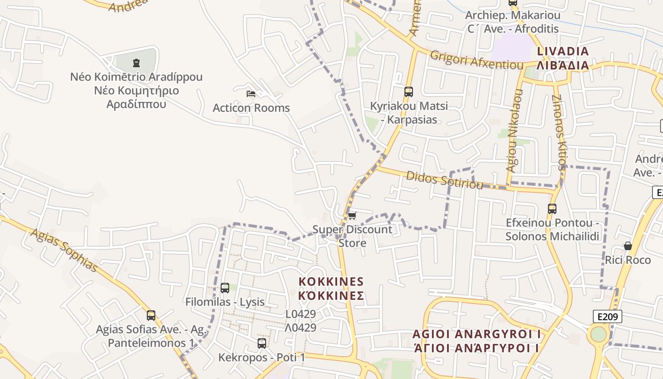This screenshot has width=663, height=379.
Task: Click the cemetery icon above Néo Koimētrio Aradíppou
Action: (x=136, y=62)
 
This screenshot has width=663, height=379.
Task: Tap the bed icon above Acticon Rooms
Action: (x=251, y=93)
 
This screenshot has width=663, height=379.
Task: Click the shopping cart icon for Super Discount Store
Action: (x=352, y=216)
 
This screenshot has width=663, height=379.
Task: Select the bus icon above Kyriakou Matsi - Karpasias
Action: (x=408, y=91)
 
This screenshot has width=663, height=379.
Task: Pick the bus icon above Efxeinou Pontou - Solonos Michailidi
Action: (x=552, y=208)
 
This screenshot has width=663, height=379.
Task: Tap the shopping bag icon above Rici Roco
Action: (x=627, y=246)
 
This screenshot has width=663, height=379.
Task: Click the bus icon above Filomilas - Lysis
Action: (x=225, y=288)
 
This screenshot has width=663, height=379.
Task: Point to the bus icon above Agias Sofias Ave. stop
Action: (x=151, y=315)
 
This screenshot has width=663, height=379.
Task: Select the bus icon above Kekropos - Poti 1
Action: (x=261, y=343)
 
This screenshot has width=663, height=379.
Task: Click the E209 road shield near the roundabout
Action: (x=607, y=316)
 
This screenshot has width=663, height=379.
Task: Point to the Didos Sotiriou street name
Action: (x=444, y=180)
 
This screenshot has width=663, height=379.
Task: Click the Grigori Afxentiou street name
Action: (x=476, y=61)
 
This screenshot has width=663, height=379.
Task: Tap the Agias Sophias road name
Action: (x=64, y=251)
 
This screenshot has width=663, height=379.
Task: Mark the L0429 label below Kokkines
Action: (x=301, y=314)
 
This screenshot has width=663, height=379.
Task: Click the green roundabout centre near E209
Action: (x=599, y=334)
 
